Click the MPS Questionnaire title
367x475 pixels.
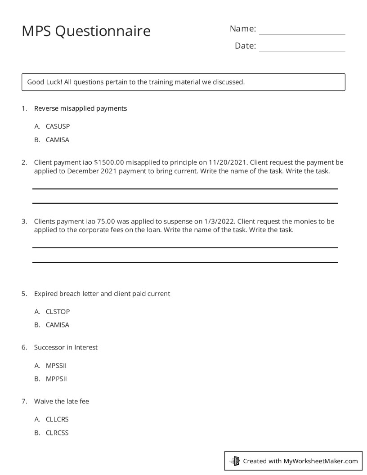(x=86, y=31)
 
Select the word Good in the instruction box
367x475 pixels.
(x=36, y=82)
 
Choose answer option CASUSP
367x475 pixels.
(x=58, y=126)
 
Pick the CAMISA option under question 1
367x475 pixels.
(x=58, y=140)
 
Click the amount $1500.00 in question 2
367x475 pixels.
(x=109, y=162)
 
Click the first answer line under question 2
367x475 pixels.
(x=185, y=188)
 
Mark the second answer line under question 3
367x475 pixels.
(x=185, y=262)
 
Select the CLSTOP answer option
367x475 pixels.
(x=58, y=311)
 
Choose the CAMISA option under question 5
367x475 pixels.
(x=58, y=325)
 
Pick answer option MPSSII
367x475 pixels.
(x=56, y=365)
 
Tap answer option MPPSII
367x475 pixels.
(x=56, y=379)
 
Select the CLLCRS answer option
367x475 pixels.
(x=57, y=419)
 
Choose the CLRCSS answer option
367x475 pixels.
(x=57, y=433)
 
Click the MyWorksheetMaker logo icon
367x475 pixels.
(x=235, y=461)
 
